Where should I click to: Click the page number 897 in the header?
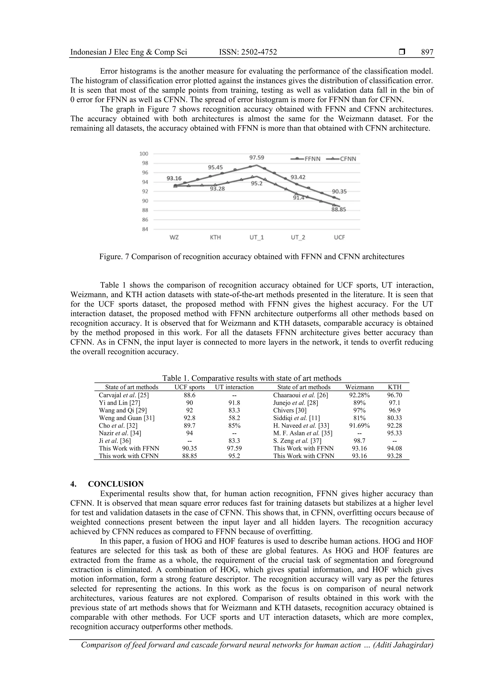click(x=427, y=52)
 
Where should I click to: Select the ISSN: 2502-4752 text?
click(x=248, y=52)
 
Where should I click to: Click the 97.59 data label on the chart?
click(x=257, y=158)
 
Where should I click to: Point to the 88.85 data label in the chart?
click(x=338, y=209)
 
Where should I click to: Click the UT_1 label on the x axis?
click(x=257, y=237)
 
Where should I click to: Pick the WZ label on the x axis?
click(x=174, y=237)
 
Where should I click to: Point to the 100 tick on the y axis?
click(x=144, y=154)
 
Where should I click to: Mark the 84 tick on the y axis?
click(x=145, y=229)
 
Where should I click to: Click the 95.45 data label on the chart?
click(x=215, y=167)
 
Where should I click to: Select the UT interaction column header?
click(x=234, y=387)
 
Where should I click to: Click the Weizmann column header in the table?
click(x=359, y=387)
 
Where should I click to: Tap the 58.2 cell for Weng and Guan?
click(x=234, y=418)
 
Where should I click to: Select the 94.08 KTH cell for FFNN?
click(x=394, y=448)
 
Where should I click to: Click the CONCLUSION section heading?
click(x=116, y=484)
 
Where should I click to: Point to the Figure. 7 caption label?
click(x=115, y=257)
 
